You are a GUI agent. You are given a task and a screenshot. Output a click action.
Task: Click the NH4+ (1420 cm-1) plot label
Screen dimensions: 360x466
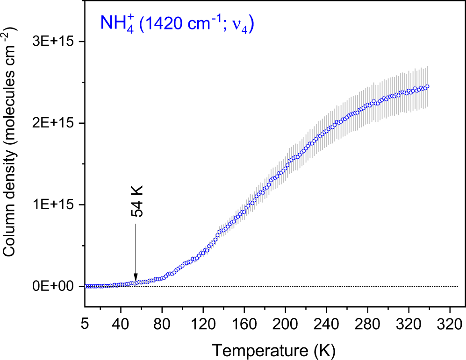(176, 24)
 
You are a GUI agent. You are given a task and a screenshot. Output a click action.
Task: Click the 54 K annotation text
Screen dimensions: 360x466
(136, 202)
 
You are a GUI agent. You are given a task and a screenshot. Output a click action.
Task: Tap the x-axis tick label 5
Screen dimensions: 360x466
(86, 323)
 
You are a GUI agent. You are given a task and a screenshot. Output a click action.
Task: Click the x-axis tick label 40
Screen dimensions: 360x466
(121, 323)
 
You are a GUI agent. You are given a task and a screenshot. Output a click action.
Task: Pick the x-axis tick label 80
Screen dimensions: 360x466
(162, 323)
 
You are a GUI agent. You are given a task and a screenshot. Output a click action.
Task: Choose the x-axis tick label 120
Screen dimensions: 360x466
(203, 323)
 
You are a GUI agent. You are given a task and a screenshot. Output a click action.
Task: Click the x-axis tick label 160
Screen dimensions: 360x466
(244, 323)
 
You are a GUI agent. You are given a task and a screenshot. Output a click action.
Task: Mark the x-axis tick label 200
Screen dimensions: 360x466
(285, 323)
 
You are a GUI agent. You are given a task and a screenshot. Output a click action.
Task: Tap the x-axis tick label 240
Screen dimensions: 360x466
(326, 323)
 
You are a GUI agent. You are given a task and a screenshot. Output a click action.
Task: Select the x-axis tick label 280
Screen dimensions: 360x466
(367, 323)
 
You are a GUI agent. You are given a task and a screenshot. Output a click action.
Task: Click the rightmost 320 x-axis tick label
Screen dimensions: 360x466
(450, 323)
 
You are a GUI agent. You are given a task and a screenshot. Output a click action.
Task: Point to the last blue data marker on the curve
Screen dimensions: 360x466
(427, 86)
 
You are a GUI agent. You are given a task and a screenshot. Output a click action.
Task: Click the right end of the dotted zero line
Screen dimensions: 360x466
(458, 286)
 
